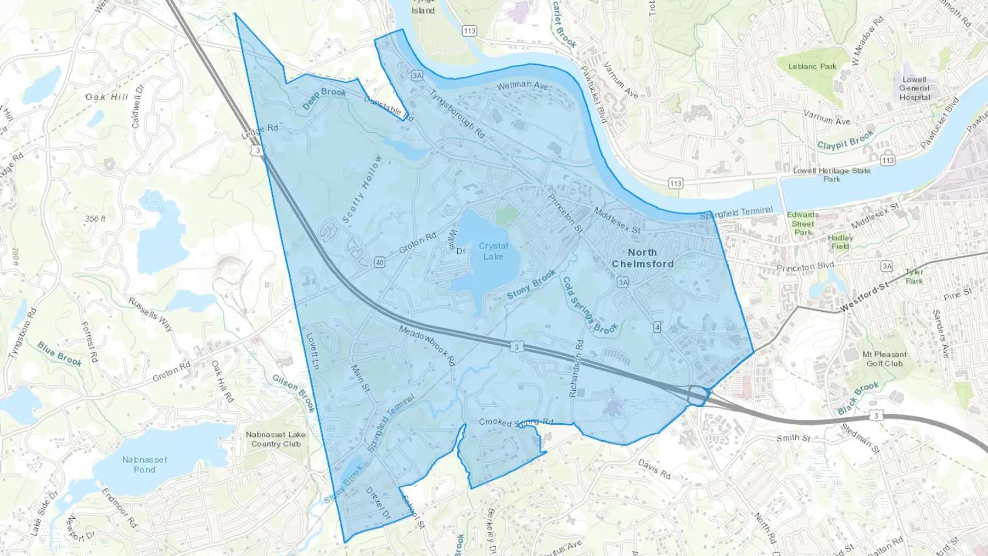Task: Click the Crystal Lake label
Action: (x=493, y=251)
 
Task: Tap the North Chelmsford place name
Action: (x=642, y=258)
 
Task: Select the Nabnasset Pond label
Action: (x=144, y=464)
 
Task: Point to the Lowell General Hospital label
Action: (x=914, y=88)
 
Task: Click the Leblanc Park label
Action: (x=812, y=66)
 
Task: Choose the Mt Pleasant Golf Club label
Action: (x=884, y=359)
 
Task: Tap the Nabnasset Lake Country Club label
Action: (x=276, y=439)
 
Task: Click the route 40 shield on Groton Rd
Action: (x=379, y=262)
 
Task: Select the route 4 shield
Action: (x=657, y=327)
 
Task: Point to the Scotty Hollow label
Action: (x=362, y=189)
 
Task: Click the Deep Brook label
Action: (x=325, y=98)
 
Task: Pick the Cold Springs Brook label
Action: (x=589, y=306)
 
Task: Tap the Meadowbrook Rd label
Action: (x=427, y=346)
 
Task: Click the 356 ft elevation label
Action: (x=95, y=218)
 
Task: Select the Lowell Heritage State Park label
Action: (x=832, y=175)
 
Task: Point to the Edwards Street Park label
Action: (x=802, y=223)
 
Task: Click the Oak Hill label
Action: (x=106, y=97)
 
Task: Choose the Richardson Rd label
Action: (x=576, y=368)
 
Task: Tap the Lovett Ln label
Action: (x=312, y=351)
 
